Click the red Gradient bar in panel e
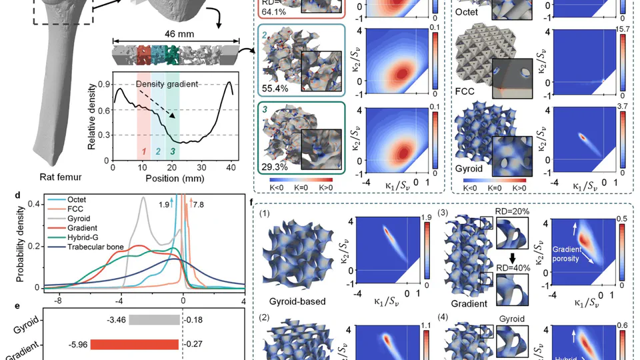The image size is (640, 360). point(134,345)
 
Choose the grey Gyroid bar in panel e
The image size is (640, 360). point(154,320)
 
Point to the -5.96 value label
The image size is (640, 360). point(79,345)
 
